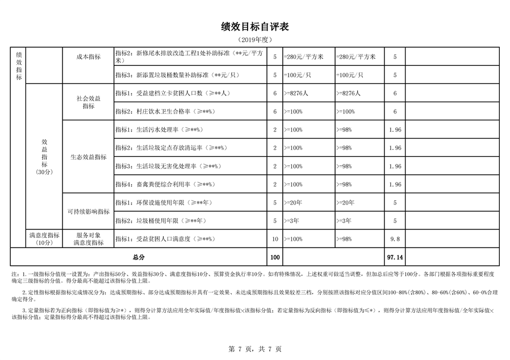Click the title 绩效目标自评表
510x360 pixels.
point(255,27)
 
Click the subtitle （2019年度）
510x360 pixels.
point(255,40)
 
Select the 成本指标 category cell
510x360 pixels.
point(88,57)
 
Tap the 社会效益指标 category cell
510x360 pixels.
point(88,102)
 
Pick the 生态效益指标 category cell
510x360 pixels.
point(88,157)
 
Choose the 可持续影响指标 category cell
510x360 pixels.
point(88,211)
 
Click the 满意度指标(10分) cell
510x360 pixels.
point(44,239)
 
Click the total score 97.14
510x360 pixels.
point(395,257)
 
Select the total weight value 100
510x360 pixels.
point(275,257)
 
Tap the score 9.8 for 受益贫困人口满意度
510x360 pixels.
point(395,239)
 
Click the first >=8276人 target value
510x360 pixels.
point(299,93)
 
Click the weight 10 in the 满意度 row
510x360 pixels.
point(275,239)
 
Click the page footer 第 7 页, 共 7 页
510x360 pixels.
point(255,349)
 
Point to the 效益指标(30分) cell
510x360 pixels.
point(44,157)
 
